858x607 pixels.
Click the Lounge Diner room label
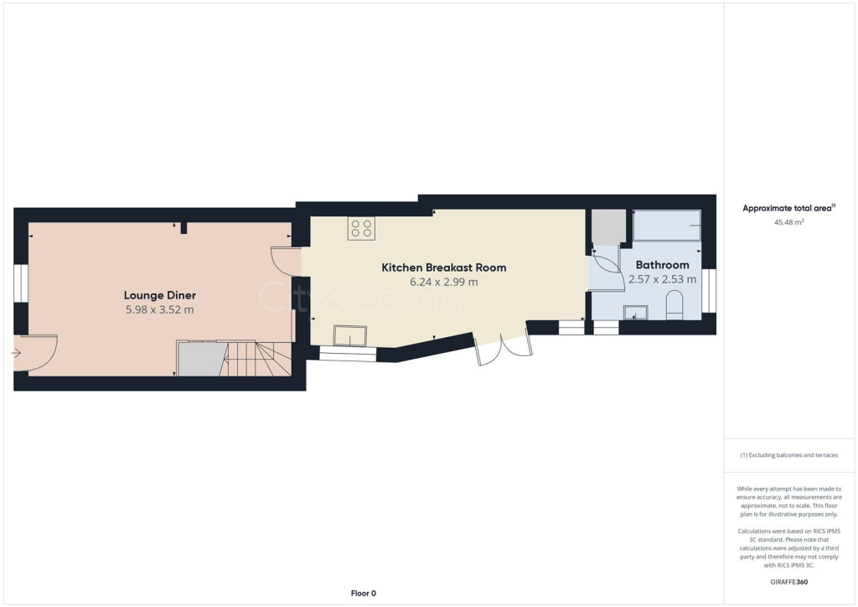[x=159, y=295]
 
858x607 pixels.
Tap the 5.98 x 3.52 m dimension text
[x=159, y=309]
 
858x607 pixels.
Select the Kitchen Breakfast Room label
[x=444, y=267]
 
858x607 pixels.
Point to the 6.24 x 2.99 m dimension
[x=444, y=283]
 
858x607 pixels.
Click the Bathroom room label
[x=662, y=265]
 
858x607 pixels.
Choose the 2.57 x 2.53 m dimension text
[x=662, y=279]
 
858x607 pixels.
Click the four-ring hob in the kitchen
[x=362, y=229]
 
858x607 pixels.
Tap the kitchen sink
[x=349, y=335]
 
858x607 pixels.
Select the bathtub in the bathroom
[x=666, y=226]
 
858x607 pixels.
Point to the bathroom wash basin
[x=636, y=313]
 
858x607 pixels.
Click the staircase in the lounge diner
[x=256, y=359]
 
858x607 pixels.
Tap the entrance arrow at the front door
[x=16, y=354]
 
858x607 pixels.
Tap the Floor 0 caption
[x=363, y=593]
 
